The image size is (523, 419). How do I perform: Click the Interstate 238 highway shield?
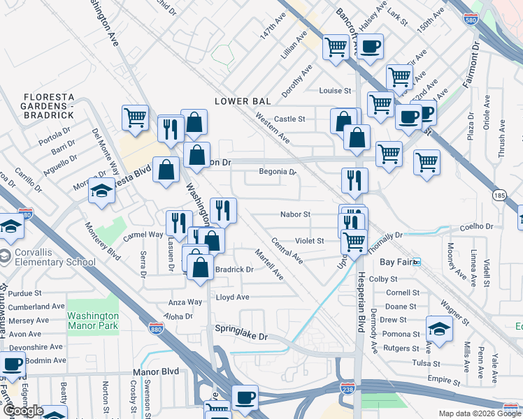coord(348,387)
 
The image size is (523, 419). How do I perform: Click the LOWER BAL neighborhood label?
coord(242,101)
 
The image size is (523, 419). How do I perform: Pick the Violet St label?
coord(308,241)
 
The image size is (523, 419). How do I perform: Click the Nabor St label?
coord(294,214)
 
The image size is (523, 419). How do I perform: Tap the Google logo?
coord(23,410)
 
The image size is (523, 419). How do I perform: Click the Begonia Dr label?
coord(278,171)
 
